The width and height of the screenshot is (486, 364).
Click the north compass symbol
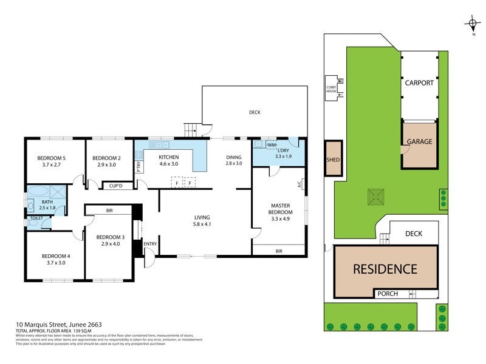(473, 25)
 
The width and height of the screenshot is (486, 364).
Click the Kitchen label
(168, 157)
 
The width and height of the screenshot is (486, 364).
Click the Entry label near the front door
(150, 244)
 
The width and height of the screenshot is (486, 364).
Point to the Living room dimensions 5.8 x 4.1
(202, 224)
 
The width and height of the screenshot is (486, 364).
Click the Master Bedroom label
(280, 209)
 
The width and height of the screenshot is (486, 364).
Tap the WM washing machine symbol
(271, 145)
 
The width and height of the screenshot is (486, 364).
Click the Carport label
(419, 83)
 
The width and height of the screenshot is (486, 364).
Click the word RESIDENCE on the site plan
(385, 269)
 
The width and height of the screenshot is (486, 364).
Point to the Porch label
(388, 294)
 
